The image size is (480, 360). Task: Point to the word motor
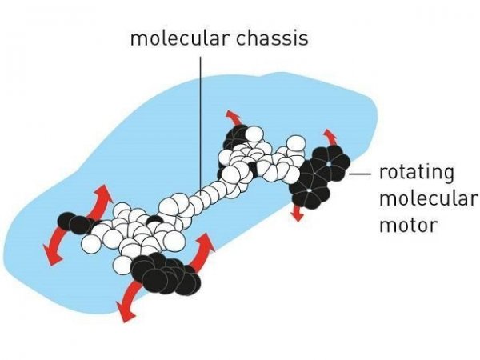click(408, 225)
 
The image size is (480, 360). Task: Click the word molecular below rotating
click(428, 198)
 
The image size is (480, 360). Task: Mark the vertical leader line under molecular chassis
click(201, 126)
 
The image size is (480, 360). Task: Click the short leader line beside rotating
click(359, 174)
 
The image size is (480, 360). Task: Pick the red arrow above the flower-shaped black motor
click(331, 137)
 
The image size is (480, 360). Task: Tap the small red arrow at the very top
click(234, 118)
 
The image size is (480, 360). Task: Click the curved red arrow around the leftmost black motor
click(78, 224)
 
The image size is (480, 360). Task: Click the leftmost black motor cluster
click(76, 223)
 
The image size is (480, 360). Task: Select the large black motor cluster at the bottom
click(166, 274)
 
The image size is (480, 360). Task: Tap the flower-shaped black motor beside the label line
click(320, 177)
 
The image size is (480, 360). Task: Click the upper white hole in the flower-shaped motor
click(329, 164)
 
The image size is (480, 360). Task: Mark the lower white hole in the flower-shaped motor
click(309, 190)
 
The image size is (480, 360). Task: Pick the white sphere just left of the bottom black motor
click(122, 266)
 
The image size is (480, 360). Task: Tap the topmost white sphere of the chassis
click(254, 134)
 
